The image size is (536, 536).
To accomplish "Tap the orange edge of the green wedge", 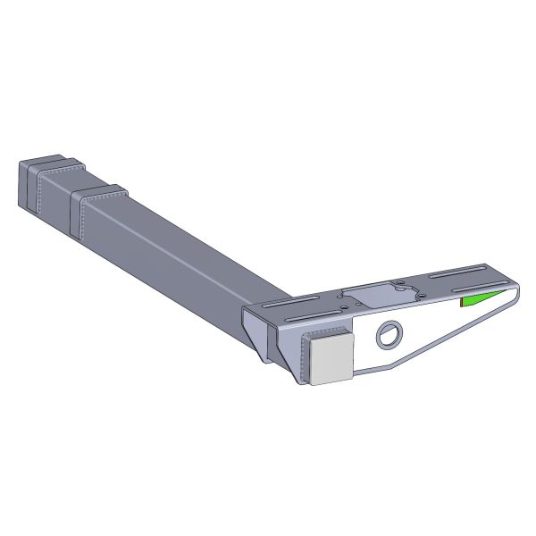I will coord(461,302).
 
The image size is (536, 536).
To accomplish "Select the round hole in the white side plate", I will coord(389,336).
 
